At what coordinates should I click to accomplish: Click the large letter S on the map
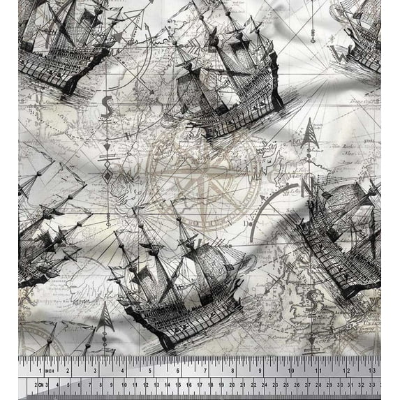(x=108, y=106)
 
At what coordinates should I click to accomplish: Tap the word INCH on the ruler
(x=50, y=369)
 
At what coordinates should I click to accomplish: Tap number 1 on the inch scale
(x=40, y=369)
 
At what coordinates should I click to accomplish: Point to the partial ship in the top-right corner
(x=363, y=35)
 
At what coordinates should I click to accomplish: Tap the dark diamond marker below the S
(x=108, y=175)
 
